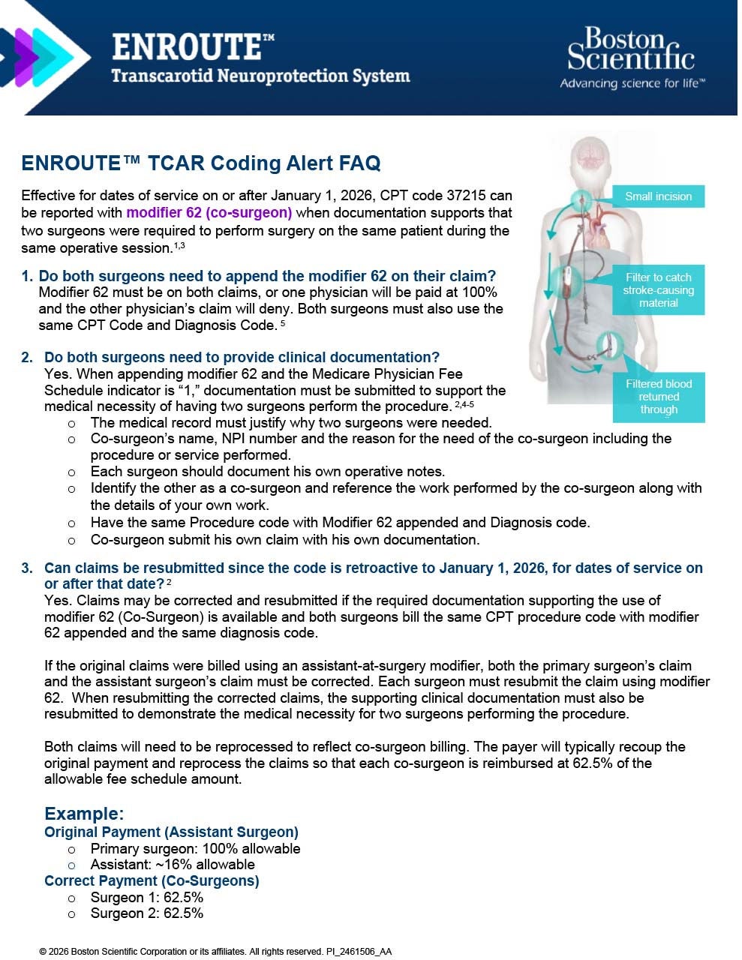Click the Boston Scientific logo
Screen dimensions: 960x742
pos(631,49)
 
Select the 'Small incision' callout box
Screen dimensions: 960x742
pos(658,196)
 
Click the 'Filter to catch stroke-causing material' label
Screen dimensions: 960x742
pos(658,289)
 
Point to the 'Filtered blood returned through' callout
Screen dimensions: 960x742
pos(659,397)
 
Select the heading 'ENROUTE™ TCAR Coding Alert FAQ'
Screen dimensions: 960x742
pos(201,163)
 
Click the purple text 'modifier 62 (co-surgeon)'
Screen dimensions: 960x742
pos(209,213)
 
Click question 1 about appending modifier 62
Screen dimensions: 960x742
pos(267,276)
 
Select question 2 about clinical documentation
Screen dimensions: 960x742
pos(242,357)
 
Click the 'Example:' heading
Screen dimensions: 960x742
pos(84,814)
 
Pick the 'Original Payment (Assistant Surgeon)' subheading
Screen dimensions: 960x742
pos(171,832)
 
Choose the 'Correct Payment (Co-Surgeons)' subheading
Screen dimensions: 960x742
pos(152,880)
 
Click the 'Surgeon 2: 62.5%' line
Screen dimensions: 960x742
pos(147,913)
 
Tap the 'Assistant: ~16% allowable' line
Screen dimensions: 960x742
pos(173,865)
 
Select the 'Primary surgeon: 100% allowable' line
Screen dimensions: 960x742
pos(195,848)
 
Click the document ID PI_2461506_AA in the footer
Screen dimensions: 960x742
pos(359,952)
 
